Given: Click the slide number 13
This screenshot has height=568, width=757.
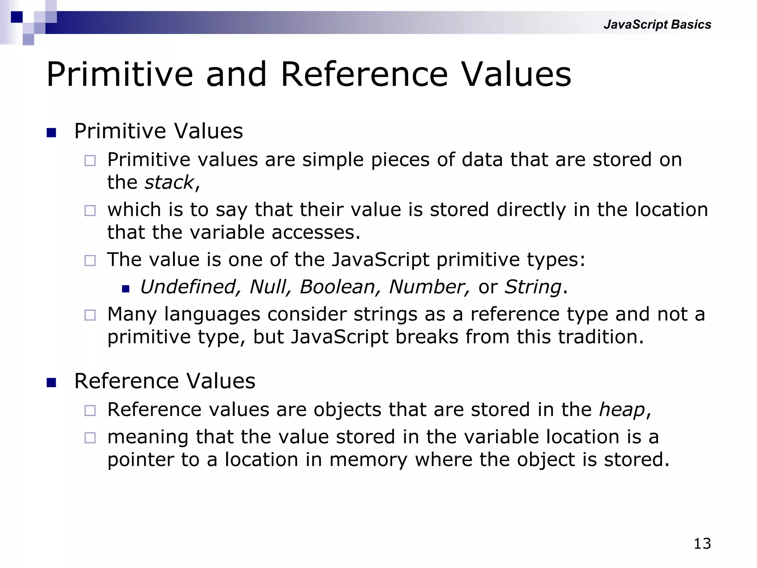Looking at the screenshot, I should [702, 544].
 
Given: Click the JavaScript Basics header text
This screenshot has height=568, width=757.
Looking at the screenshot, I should [657, 24].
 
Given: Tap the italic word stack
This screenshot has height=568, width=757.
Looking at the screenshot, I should [169, 182].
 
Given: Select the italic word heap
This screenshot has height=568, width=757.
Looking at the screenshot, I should [622, 410].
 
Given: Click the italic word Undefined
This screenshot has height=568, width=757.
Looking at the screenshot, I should [188, 287].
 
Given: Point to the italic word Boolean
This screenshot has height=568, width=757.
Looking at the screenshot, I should [337, 287].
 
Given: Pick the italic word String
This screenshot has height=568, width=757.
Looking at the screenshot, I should [533, 287].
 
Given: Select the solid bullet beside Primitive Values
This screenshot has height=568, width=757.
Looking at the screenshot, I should [51, 132].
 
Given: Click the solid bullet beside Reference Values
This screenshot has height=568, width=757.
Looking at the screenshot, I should [51, 382].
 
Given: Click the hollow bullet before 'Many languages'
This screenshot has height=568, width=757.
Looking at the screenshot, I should [90, 315].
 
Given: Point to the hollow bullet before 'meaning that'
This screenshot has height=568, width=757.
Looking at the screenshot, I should [90, 438].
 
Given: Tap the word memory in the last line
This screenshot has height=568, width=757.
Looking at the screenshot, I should [368, 460].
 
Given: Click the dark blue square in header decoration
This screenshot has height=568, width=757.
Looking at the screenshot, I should [17, 17].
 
